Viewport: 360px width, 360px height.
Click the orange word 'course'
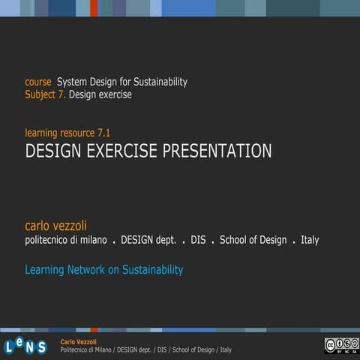(38, 82)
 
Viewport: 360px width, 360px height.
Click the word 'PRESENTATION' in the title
(217, 151)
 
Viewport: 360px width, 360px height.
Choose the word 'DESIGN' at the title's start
(54, 151)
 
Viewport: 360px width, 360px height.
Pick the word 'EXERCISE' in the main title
(122, 151)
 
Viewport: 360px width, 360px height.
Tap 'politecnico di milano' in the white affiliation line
(66, 240)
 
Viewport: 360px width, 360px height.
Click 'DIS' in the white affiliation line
(198, 240)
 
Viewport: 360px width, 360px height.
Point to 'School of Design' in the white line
(253, 240)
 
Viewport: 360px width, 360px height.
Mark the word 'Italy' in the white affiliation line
(310, 240)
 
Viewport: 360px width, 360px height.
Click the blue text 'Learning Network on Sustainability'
(104, 269)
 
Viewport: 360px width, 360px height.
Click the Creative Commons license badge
(340, 345)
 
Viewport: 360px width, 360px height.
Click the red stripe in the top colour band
(94, 7)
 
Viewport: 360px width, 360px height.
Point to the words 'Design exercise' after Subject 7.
(100, 94)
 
